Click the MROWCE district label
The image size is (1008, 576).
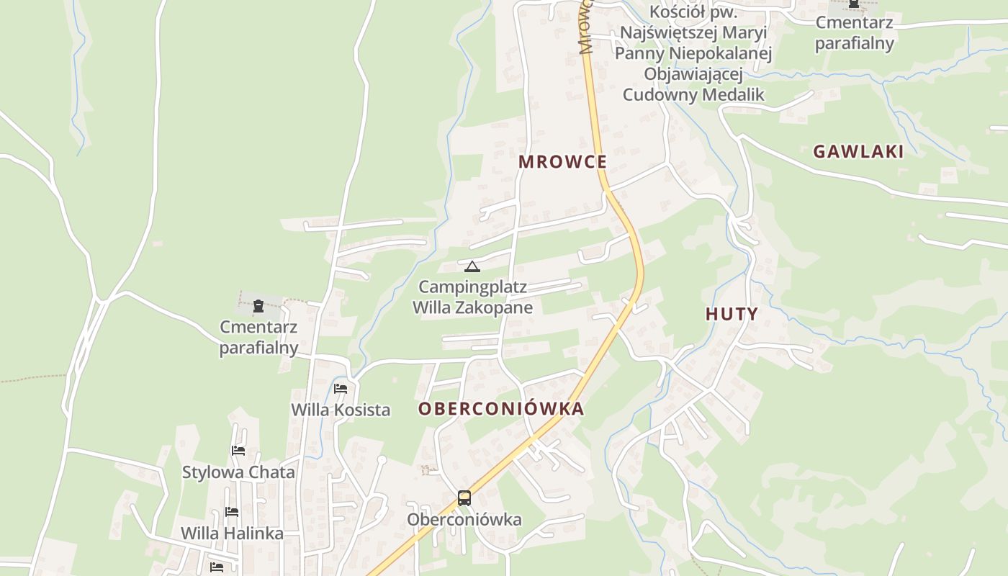(562, 162)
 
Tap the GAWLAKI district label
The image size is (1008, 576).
(858, 151)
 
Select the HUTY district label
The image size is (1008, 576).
(732, 314)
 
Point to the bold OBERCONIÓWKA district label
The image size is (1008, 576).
(501, 409)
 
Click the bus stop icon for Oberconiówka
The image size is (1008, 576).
(464, 498)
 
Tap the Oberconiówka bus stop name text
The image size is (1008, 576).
(464, 519)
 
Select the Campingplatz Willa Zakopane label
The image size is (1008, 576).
(472, 297)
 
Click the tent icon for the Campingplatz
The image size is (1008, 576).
(472, 266)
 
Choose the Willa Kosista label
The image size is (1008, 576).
(341, 410)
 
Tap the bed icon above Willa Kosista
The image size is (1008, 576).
(341, 389)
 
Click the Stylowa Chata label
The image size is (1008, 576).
(238, 472)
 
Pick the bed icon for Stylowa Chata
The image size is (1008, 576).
(238, 451)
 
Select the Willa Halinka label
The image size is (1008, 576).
(232, 534)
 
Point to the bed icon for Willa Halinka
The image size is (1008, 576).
(232, 512)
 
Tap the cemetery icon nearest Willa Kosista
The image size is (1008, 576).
(258, 306)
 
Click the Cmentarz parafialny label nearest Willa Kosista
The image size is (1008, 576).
(258, 338)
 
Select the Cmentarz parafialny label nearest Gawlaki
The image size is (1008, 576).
(855, 32)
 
